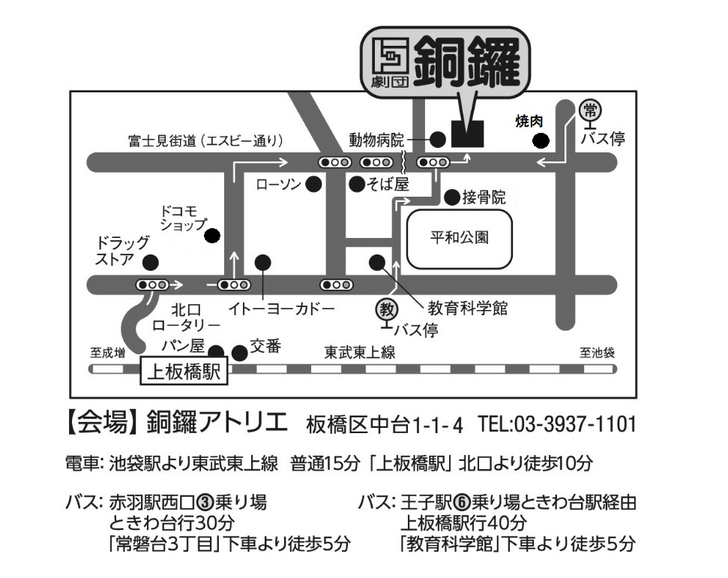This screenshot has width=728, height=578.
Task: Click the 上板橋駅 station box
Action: (x=184, y=372)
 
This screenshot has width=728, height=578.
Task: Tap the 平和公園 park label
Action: (x=459, y=238)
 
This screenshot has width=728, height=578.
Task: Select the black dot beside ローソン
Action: (x=313, y=185)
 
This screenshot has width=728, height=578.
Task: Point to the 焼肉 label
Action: (x=529, y=122)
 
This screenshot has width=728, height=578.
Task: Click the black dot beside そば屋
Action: (x=357, y=185)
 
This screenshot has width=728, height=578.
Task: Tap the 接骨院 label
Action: (x=484, y=197)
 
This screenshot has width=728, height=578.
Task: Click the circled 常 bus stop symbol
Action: (x=590, y=110)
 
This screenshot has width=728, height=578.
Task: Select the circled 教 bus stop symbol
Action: (x=387, y=309)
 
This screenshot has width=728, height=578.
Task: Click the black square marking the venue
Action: (x=468, y=134)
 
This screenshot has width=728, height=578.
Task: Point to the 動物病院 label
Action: (x=376, y=140)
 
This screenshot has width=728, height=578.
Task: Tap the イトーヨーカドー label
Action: (x=281, y=309)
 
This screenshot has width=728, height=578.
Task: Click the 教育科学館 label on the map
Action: (x=467, y=308)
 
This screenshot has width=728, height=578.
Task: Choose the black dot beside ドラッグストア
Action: (x=150, y=262)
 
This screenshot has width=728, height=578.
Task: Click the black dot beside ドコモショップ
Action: (x=212, y=236)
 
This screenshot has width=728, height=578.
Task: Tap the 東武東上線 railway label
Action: (x=359, y=352)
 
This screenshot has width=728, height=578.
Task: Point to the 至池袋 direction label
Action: (x=597, y=353)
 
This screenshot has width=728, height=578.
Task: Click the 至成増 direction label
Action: (x=108, y=353)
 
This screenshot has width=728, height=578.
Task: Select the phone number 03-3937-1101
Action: (x=574, y=424)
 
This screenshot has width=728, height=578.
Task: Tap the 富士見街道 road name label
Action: (x=162, y=140)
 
